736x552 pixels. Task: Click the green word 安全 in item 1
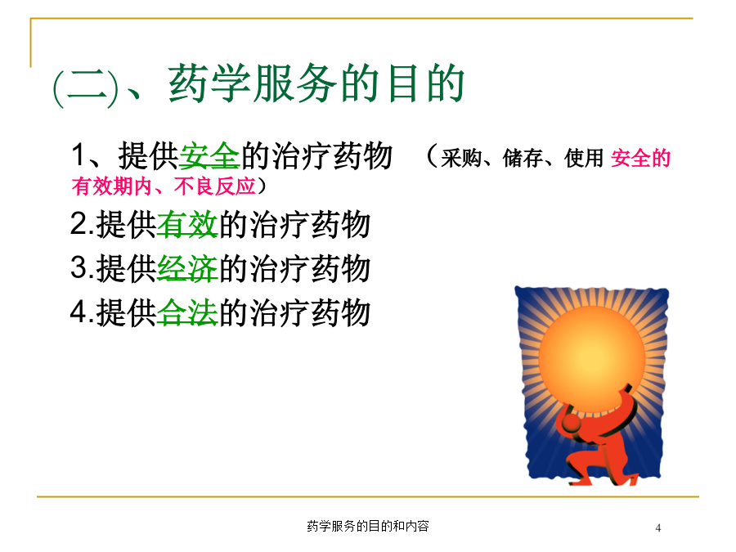point(209,156)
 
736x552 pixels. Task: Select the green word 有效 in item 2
point(187,224)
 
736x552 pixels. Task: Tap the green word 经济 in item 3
point(187,268)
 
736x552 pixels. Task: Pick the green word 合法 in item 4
point(187,312)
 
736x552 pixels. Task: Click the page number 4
point(658,528)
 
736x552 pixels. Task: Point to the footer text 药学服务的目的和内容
point(368,526)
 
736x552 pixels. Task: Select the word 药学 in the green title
point(210,83)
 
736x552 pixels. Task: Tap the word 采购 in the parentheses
point(461,158)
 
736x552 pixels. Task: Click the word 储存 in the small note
point(523,158)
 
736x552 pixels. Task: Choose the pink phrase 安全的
point(640,158)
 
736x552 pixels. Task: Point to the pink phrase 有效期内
point(112,186)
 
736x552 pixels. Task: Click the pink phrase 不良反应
point(215,186)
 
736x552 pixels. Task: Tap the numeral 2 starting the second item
point(78,224)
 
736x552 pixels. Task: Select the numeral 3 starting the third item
point(78,268)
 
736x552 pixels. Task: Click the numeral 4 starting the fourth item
point(78,312)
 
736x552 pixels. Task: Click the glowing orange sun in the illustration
point(592,359)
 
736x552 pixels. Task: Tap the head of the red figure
point(572,424)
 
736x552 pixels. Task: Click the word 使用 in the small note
point(584,158)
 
